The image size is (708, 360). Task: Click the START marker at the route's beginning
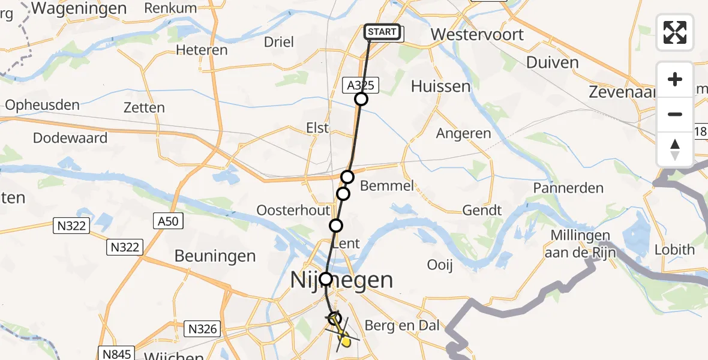click(x=382, y=32)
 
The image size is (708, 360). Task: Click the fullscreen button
click(x=675, y=32)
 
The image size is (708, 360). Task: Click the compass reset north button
click(x=675, y=149)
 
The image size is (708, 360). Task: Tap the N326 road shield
click(x=202, y=328)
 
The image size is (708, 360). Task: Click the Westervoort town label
click(x=477, y=34)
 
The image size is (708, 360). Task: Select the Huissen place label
click(x=440, y=86)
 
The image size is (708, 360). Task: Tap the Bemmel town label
click(x=387, y=185)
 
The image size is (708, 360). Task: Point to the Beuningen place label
click(x=215, y=256)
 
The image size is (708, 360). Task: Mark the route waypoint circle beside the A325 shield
click(x=361, y=99)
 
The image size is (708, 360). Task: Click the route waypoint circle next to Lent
click(x=336, y=226)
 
